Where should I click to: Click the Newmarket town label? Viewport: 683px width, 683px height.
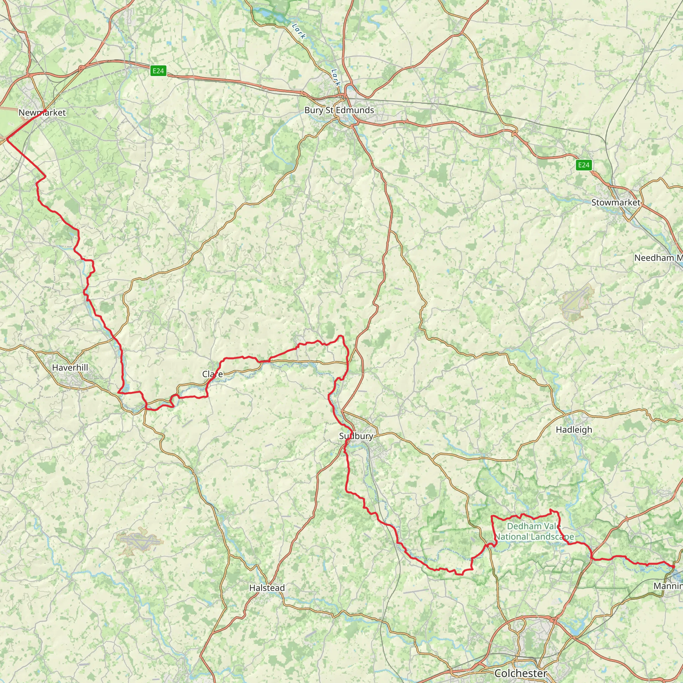[x=42, y=113]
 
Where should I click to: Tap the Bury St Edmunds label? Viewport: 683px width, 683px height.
[x=339, y=110]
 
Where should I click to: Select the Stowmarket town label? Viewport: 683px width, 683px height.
[x=616, y=202]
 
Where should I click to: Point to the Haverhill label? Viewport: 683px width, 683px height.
[x=70, y=368]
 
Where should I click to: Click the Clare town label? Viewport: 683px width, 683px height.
[x=212, y=374]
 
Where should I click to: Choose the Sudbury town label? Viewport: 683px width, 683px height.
[x=356, y=436]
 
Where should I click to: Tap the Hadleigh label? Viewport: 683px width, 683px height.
[x=574, y=430]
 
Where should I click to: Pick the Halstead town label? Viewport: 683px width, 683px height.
[x=267, y=588]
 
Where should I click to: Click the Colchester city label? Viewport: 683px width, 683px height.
[x=521, y=673]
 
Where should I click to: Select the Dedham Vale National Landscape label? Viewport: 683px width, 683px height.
[x=534, y=531]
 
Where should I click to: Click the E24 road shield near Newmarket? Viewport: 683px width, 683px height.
[x=158, y=71]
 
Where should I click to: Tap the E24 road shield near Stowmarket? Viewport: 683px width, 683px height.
[x=583, y=165]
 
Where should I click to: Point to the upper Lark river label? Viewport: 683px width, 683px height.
[x=299, y=31]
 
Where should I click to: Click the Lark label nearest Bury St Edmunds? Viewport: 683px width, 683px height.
[x=336, y=77]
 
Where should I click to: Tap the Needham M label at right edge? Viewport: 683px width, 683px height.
[x=658, y=258]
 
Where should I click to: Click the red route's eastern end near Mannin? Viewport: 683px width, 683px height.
[x=673, y=567]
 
